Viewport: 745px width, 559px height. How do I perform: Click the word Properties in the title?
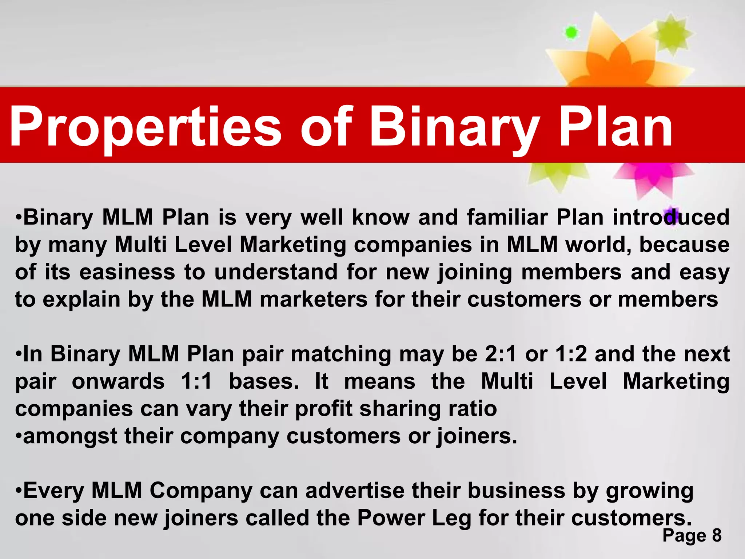(146, 127)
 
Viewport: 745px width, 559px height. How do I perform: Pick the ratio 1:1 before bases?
(196, 381)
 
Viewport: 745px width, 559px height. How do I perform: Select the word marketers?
(314, 299)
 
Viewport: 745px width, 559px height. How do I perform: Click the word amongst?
(70, 436)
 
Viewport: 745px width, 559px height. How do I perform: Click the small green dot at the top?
(571, 33)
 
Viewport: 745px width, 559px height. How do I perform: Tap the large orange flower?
(615, 58)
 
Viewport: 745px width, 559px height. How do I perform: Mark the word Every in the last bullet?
(54, 490)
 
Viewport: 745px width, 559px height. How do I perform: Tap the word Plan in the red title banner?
(615, 127)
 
